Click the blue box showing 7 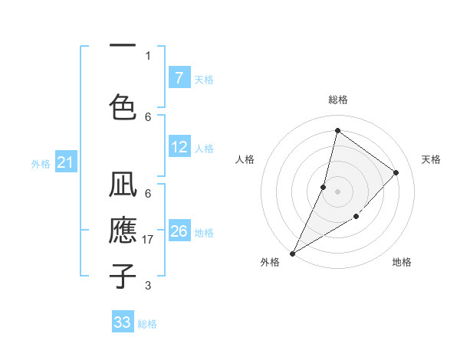click(179, 78)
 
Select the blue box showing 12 click(179, 148)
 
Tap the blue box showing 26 click(179, 231)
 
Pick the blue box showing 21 click(65, 162)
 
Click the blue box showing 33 click(123, 322)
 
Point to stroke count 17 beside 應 click(149, 240)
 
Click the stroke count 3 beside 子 click(148, 286)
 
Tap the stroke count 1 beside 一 click(148, 55)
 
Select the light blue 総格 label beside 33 click(147, 324)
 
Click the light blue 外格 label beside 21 click(41, 163)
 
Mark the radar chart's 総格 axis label click(337, 100)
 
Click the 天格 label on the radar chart click(431, 159)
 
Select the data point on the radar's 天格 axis click(396, 172)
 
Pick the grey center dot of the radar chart click(337, 191)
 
